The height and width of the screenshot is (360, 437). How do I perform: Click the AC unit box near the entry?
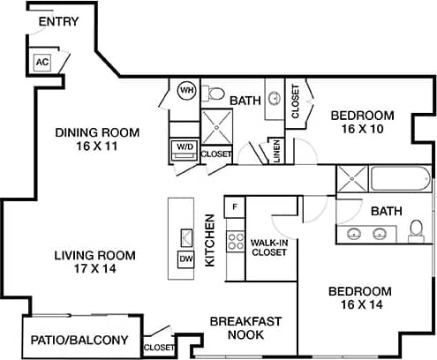coord(41,62)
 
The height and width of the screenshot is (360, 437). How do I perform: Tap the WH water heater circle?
coord(187,91)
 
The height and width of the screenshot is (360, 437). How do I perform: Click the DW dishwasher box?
coord(186,259)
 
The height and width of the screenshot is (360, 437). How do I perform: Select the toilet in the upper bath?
coord(215,93)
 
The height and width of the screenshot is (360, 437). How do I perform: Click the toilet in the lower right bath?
coord(416,231)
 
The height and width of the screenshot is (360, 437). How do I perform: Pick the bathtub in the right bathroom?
coord(400,179)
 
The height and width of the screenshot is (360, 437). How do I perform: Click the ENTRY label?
coord(57,20)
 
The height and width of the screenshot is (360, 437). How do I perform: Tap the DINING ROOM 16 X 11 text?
coord(97,139)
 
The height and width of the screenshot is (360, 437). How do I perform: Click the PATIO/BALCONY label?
coord(79,340)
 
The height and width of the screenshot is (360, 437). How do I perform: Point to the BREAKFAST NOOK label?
coord(245,327)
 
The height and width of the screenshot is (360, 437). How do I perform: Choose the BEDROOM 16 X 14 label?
coord(359,298)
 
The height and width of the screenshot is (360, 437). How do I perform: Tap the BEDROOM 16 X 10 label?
coord(362,122)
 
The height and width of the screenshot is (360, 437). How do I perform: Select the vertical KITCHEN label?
coord(211,240)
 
